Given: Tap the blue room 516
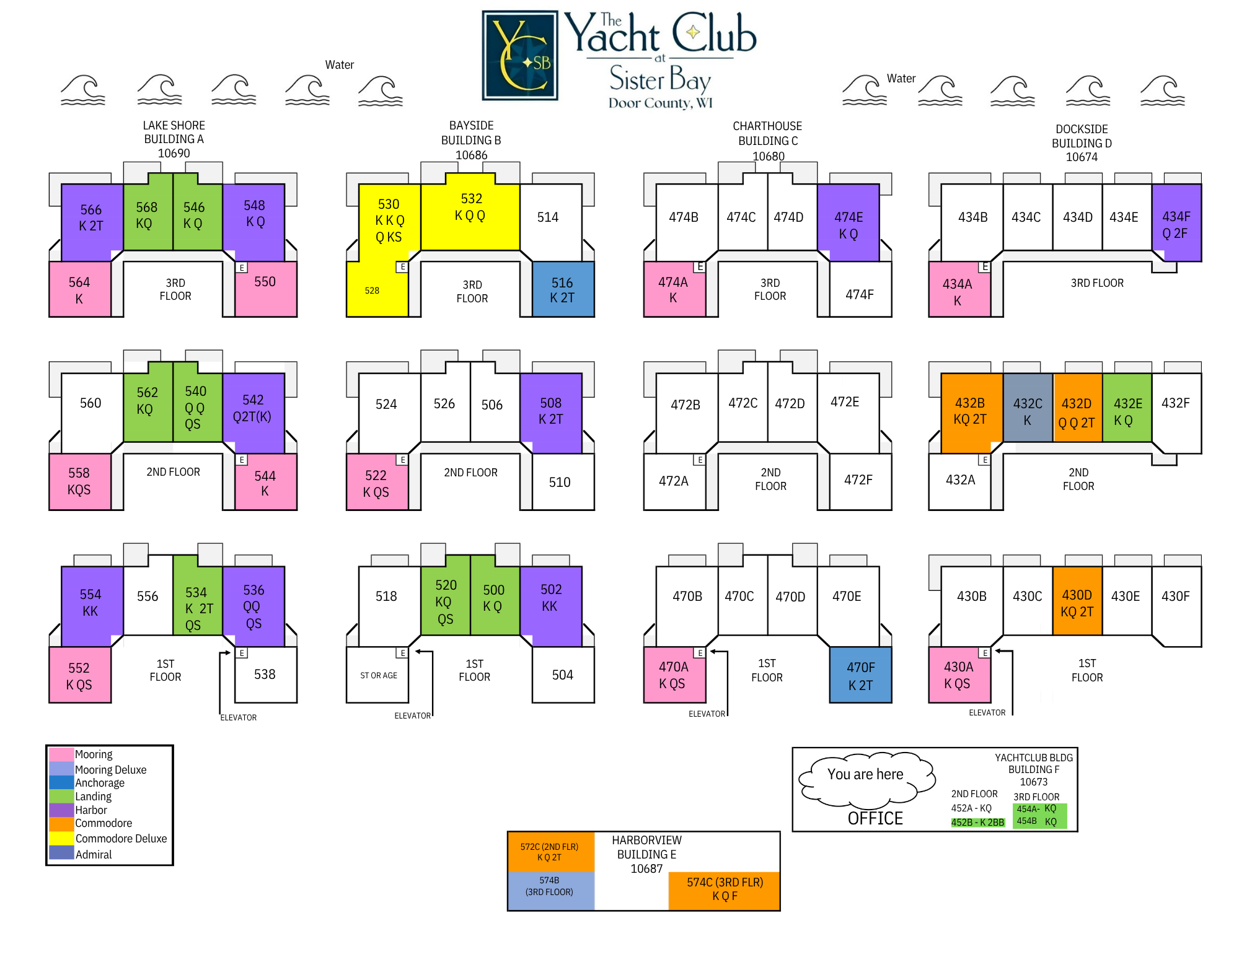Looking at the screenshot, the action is click(x=563, y=289).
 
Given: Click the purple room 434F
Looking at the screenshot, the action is click(x=1176, y=223).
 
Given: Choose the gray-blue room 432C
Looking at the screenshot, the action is click(x=1028, y=408).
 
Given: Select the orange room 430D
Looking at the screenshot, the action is click(x=1077, y=601).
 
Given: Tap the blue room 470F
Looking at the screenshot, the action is click(x=860, y=675).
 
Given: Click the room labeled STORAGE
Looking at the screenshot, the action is click(x=377, y=675).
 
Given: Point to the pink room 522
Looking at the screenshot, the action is click(x=377, y=482).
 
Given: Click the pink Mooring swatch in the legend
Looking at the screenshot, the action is click(x=61, y=754).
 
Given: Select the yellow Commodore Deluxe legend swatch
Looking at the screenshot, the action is click(x=61, y=838).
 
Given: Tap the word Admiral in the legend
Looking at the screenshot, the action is click(x=94, y=854).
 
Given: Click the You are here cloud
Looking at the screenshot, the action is click(x=866, y=778).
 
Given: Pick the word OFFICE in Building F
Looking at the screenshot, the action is click(x=875, y=818).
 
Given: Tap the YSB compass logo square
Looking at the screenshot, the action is click(x=520, y=55).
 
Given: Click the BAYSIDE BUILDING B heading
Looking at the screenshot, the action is click(x=471, y=133).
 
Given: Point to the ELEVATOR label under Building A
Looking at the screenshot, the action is click(x=239, y=717).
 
